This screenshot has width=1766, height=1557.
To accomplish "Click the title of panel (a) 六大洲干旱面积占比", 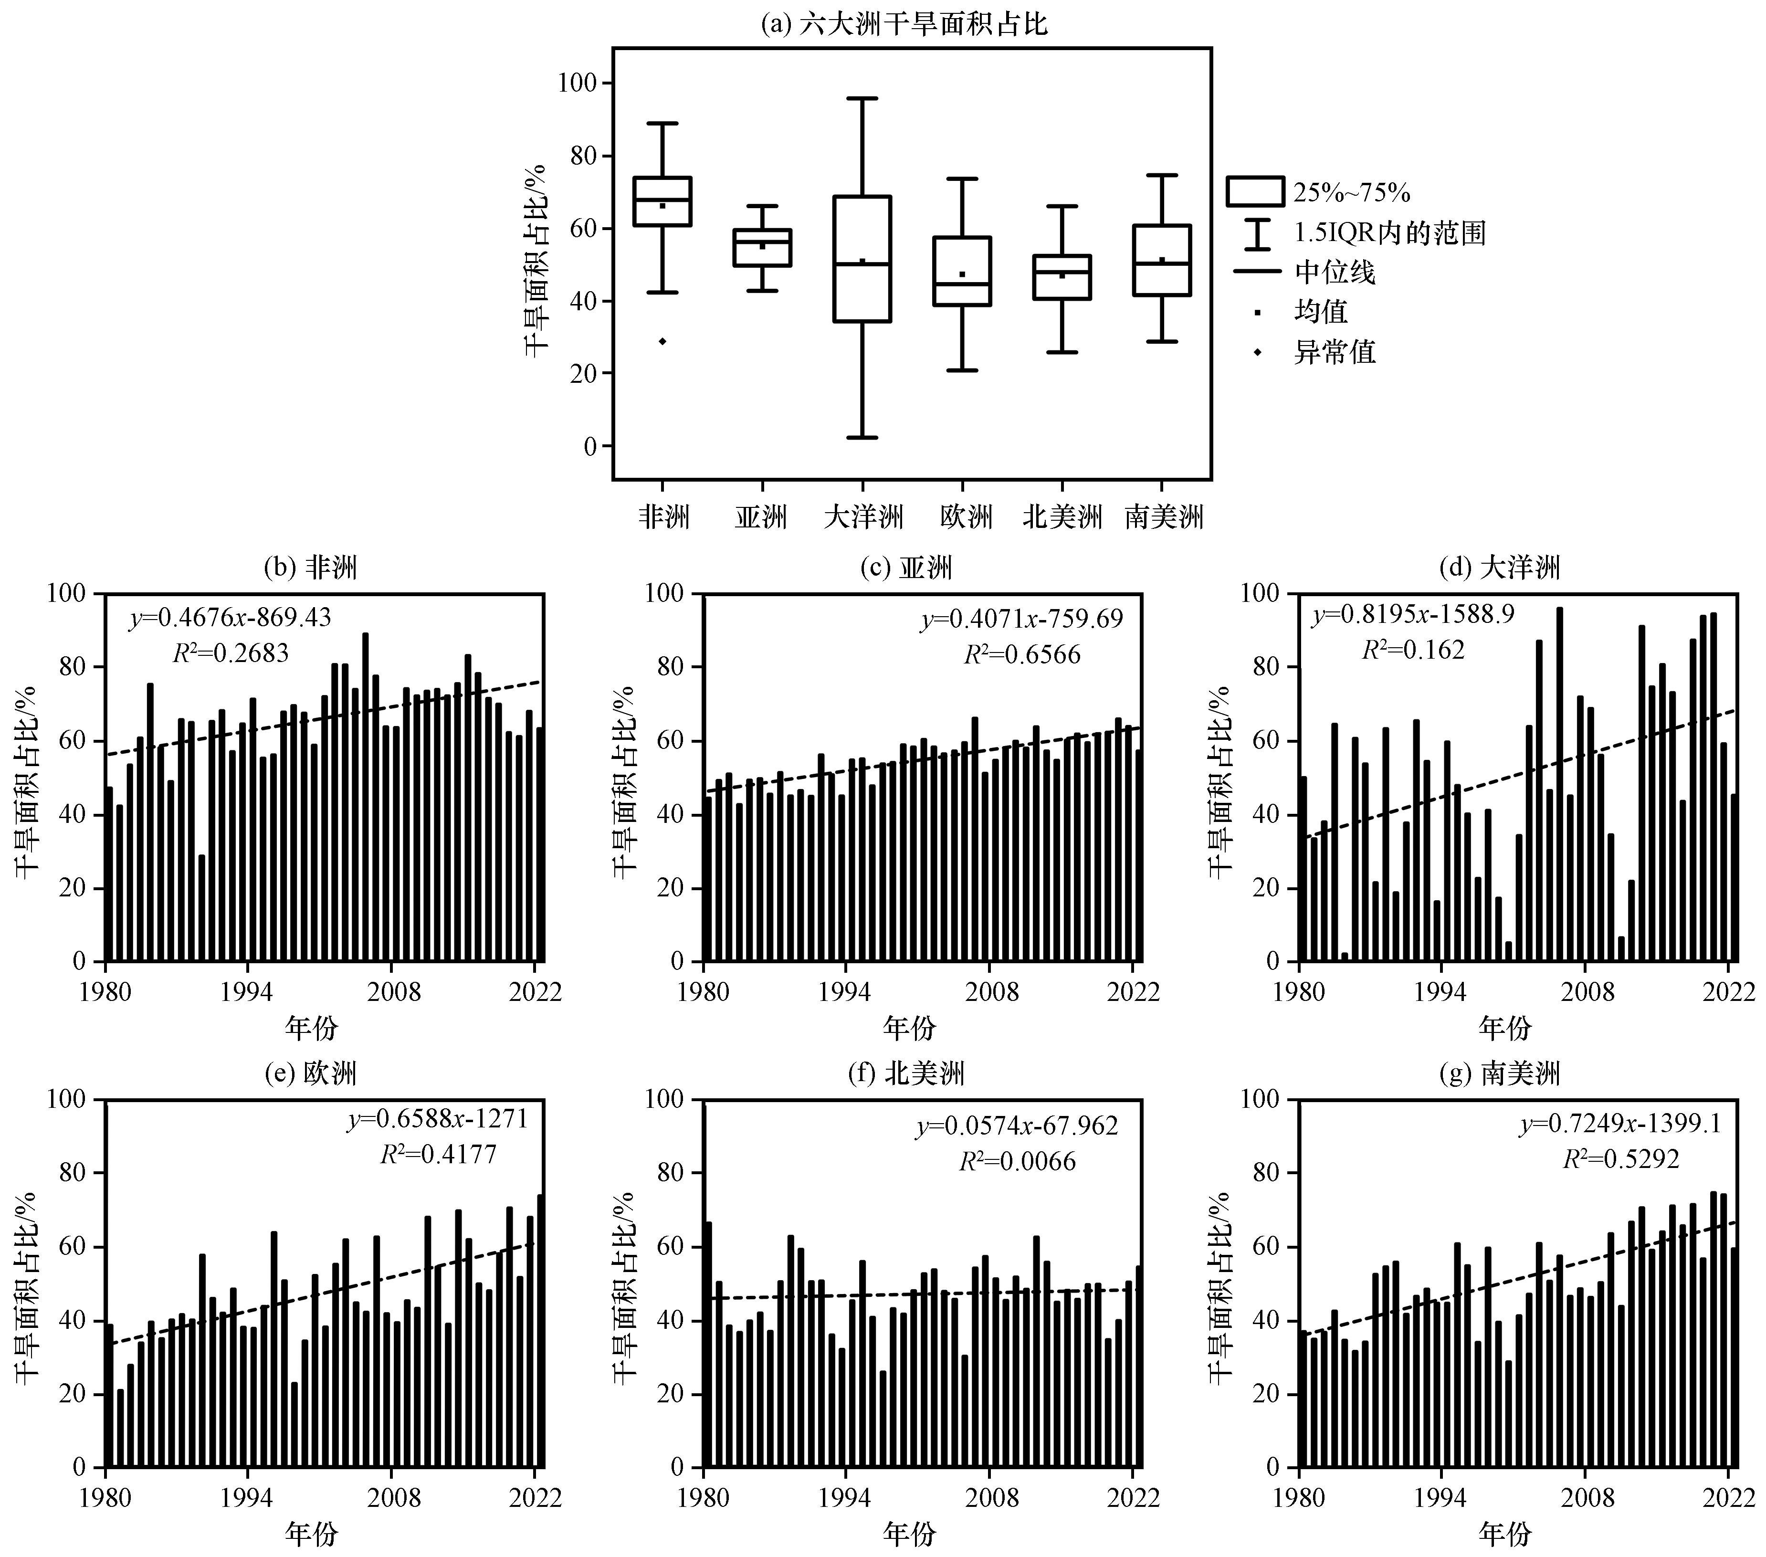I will point(904,23).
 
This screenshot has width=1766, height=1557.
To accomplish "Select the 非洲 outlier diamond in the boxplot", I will point(662,341).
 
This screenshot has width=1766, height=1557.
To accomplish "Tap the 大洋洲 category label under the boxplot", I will point(863,517).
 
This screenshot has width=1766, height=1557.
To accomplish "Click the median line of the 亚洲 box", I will point(762,242).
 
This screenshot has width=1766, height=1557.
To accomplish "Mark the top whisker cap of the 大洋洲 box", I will point(862,98).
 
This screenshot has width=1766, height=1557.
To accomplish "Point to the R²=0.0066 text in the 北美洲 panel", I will point(1017,1161).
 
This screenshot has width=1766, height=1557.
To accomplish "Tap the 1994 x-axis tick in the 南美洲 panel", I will point(1440,1496).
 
